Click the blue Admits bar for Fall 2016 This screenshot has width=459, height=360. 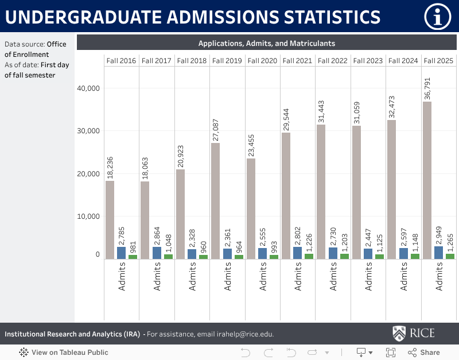click(x=121, y=253)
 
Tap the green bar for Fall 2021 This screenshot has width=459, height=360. click(x=309, y=256)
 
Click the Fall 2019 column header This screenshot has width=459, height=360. click(x=227, y=61)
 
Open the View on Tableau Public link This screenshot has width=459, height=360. click(x=64, y=353)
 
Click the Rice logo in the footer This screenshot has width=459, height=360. click(x=413, y=334)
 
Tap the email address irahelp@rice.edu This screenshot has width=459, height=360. click(x=240, y=334)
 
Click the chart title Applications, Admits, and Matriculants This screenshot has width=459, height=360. click(x=266, y=43)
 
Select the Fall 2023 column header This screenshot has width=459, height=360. click(x=367, y=61)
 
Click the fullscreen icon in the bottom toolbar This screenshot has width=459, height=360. click(x=391, y=353)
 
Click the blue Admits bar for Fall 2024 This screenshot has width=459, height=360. click(x=403, y=253)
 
